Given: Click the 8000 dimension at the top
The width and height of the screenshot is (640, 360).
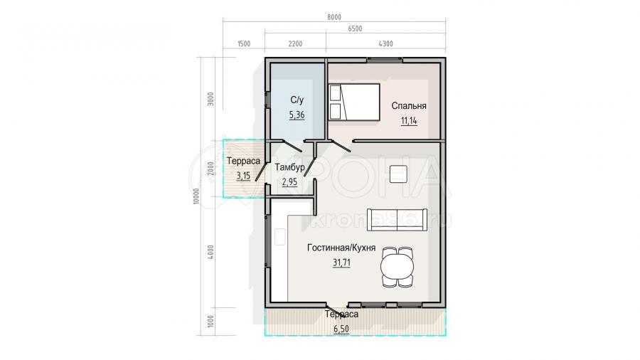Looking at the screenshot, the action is [334, 17].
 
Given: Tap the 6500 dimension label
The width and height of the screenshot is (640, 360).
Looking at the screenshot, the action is [355, 28].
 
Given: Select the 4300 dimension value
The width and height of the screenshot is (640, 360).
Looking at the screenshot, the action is [385, 43].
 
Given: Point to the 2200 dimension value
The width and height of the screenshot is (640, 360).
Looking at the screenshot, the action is [295, 43].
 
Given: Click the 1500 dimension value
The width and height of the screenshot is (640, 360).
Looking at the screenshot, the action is [244, 43].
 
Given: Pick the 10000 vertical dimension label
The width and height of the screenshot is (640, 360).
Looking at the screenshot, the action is [197, 196].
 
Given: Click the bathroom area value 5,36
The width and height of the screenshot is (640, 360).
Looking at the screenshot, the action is [297, 115].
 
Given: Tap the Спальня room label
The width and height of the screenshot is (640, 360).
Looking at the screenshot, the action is [409, 106].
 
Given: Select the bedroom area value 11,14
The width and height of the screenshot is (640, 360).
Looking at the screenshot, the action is [409, 121].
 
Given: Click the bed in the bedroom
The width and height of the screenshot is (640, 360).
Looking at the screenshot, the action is [354, 102].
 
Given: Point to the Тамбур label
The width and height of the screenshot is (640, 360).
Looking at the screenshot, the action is [289, 167].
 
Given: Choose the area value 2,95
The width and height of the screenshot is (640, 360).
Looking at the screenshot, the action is [289, 182].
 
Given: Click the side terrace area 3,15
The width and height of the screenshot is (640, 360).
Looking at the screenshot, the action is [243, 176].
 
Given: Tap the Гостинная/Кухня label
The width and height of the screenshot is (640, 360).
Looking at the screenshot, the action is [341, 248].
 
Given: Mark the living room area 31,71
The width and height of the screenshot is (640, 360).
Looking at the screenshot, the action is [341, 263].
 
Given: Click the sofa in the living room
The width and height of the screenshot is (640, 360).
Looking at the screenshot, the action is [397, 220].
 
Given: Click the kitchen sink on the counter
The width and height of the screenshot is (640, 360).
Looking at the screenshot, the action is [279, 237].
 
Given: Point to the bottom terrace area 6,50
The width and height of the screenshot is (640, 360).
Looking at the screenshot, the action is [341, 329].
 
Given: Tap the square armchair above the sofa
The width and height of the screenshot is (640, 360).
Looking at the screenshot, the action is [398, 174].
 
